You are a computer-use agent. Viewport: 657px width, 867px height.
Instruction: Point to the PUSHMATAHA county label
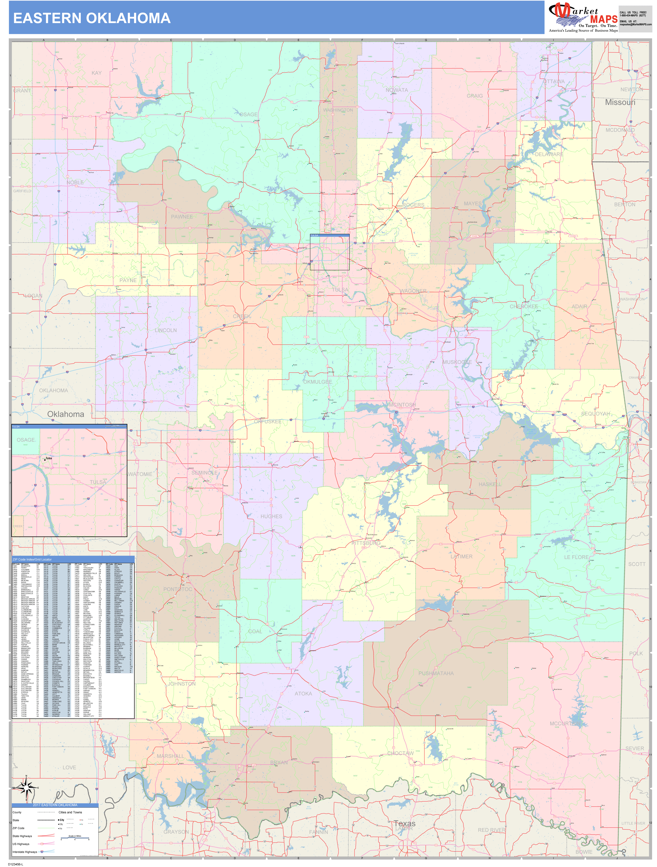[x=436, y=673]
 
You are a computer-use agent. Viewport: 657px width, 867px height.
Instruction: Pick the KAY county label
[x=96, y=73]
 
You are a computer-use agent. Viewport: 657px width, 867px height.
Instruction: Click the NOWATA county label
[x=397, y=90]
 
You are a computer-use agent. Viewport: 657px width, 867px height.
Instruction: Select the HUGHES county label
[x=271, y=517]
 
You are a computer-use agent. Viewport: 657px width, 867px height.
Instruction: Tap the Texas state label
[x=404, y=823]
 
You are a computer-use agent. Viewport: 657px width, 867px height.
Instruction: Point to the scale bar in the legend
[x=75, y=839]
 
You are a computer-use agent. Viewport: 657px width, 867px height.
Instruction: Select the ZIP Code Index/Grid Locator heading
[x=32, y=559]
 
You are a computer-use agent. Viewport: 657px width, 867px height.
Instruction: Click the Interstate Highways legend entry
[x=25, y=852]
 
